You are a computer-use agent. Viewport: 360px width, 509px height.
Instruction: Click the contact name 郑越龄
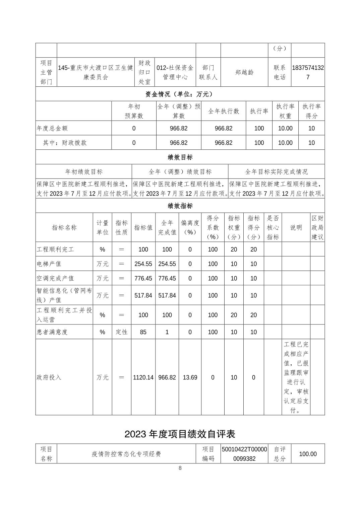click(244, 72)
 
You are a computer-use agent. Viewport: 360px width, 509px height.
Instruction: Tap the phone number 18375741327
click(308, 72)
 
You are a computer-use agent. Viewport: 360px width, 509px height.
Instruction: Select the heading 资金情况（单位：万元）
click(180, 94)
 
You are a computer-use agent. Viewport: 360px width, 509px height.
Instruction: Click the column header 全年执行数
click(224, 111)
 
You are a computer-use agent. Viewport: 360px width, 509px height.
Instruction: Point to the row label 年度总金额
click(52, 128)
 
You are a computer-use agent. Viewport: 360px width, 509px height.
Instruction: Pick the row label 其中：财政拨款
click(65, 143)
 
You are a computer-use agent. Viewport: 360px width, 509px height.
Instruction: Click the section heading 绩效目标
click(180, 157)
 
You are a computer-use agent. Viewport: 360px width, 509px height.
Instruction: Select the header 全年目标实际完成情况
click(276, 172)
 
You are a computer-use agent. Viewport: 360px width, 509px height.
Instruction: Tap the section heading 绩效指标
click(180, 206)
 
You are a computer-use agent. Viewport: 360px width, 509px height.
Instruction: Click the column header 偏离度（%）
click(190, 227)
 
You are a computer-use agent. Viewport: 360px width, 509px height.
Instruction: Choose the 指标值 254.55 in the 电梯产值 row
click(143, 264)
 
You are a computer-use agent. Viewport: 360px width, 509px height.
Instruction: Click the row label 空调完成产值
click(55, 278)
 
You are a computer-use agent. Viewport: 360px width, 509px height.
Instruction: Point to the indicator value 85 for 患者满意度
click(143, 332)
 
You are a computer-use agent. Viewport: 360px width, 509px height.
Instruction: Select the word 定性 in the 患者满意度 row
click(121, 332)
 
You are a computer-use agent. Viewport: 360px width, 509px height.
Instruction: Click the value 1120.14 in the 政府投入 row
click(143, 377)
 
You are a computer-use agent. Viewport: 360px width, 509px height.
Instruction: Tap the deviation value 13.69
click(190, 377)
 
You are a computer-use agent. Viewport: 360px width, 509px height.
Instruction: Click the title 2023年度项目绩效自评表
click(180, 434)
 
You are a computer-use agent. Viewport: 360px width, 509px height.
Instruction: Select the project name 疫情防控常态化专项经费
click(126, 454)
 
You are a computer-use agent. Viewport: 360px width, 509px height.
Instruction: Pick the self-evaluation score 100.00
click(307, 454)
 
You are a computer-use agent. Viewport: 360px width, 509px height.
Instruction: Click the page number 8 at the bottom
click(180, 468)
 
